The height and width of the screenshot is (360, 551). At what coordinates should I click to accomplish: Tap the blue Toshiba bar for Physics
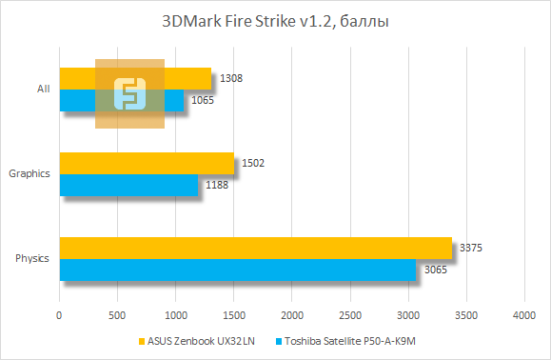pos(238,270)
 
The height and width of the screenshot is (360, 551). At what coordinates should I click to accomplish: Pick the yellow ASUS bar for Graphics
pos(147,163)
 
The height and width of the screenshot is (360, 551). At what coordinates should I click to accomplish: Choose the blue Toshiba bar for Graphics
pos(128,185)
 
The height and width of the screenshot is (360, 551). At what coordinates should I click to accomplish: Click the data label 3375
pos(471,248)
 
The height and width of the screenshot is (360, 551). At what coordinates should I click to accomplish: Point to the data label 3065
pos(435,270)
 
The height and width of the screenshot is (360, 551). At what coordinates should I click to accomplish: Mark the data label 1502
pos(253,163)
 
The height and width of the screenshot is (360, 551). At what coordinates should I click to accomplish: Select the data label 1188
pos(216,185)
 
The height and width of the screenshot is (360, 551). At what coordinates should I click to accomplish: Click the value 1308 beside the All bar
pos(229,78)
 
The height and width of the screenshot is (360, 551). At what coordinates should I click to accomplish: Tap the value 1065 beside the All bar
pos(202,100)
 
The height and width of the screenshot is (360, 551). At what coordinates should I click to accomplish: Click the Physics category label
pos(32,258)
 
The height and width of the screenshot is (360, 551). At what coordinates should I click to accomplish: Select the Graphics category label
pos(29,173)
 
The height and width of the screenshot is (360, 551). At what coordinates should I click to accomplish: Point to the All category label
pos(43,89)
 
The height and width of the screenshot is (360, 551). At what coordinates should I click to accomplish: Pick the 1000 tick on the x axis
pos(176,314)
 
